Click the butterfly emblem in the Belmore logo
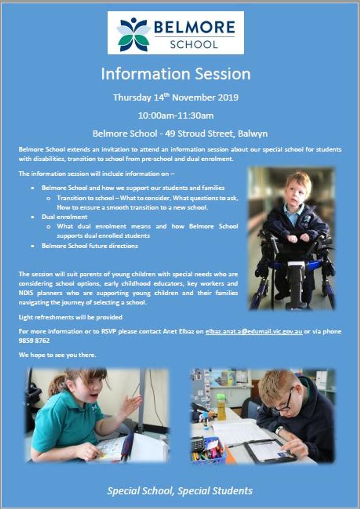pyautogui.click(x=134, y=34)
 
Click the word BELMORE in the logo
pyautogui.click(x=195, y=27)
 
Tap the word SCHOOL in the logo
pyautogui.click(x=194, y=44)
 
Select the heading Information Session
pyautogui.click(x=176, y=74)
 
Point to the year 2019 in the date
pyautogui.click(x=228, y=98)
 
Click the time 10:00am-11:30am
pyautogui.click(x=176, y=116)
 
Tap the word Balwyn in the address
pyautogui.click(x=253, y=134)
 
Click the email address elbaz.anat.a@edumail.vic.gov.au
pyautogui.click(x=254, y=332)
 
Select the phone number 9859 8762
pyautogui.click(x=34, y=341)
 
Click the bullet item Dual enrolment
pyautogui.click(x=64, y=217)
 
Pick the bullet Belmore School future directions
pyautogui.click(x=90, y=246)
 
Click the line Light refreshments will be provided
pyautogui.click(x=70, y=317)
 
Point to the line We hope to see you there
pyautogui.click(x=58, y=355)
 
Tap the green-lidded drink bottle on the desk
pyautogui.click(x=221, y=407)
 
